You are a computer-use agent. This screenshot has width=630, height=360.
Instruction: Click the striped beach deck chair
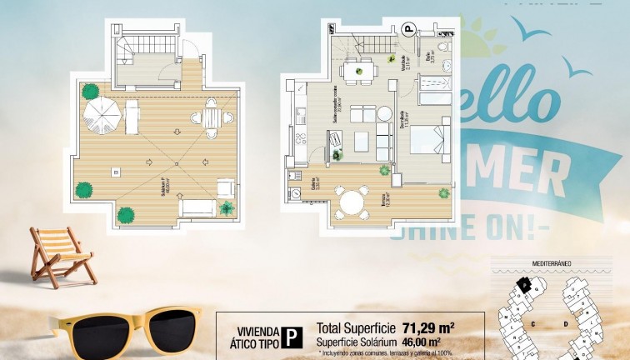60,255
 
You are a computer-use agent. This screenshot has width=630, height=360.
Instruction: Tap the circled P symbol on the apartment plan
408,29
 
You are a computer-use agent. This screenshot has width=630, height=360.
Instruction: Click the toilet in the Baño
444,45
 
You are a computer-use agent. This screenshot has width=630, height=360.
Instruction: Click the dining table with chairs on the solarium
212,118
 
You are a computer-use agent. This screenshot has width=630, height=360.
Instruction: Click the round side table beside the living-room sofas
384,114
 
